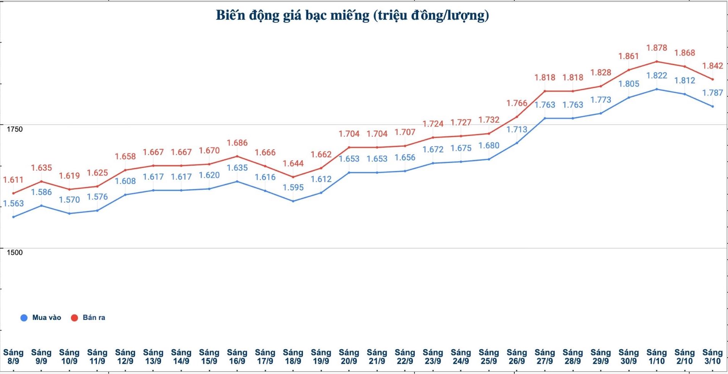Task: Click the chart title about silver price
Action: (x=352, y=15)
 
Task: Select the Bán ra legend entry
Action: (x=88, y=318)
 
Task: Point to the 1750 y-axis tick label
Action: (x=14, y=129)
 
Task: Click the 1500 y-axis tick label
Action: (x=14, y=253)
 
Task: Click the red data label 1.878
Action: (x=657, y=48)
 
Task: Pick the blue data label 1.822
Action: (x=657, y=75)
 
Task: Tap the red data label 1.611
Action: (x=13, y=180)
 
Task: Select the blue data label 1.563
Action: (x=13, y=203)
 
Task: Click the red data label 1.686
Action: (x=237, y=143)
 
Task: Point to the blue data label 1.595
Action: (x=293, y=187)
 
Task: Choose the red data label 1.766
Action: (x=517, y=103)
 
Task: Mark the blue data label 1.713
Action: (x=517, y=129)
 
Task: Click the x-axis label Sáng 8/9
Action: (x=13, y=357)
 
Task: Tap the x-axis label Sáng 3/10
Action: (x=712, y=357)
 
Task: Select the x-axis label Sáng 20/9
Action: (x=349, y=357)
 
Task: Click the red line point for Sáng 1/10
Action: (x=657, y=61)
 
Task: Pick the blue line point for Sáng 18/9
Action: (x=293, y=201)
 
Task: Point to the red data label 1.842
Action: (x=712, y=66)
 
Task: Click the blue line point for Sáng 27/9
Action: (x=545, y=118)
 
